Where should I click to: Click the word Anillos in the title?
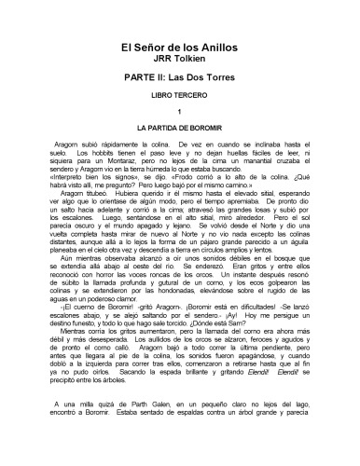(216, 48)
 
